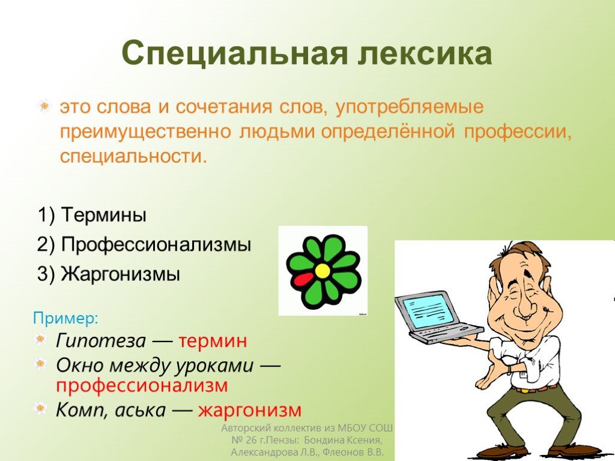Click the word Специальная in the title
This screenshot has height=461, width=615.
pos(235,53)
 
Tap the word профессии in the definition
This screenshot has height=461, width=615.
pos(517,133)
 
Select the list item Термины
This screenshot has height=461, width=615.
pos(92,215)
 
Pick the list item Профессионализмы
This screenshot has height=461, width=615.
pos(144,245)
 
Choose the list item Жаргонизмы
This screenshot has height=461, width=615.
pos(109,274)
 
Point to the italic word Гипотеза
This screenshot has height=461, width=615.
pos(101,341)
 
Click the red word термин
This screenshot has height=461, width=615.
pos(213,341)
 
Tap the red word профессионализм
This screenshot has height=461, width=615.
pos(142,386)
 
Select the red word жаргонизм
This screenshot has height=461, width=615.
pos(250,411)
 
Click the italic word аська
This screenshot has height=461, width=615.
pos(140,411)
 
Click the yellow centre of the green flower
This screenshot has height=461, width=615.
pos(323,271)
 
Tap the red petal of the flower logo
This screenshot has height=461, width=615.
pos(303,279)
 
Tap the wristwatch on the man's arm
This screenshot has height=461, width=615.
pos(509,370)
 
